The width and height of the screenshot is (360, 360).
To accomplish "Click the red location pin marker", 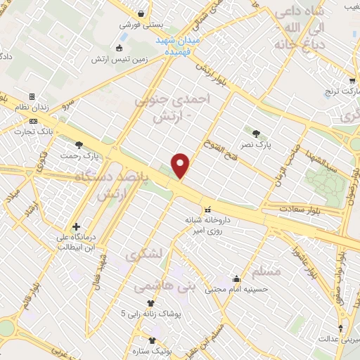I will (x=181, y=165).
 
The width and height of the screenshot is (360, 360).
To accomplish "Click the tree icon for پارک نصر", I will (x=255, y=133).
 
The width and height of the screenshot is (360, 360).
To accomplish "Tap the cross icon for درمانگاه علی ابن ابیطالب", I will (x=76, y=226).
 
